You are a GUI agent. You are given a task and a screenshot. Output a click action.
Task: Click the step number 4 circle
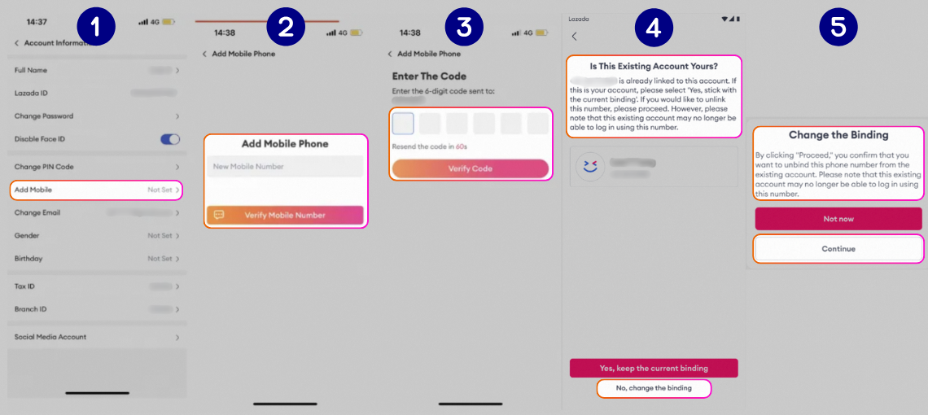[x=654, y=27]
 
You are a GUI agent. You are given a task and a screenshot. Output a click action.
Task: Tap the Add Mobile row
[x=96, y=190]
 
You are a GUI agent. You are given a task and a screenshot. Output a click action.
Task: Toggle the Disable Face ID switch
[x=170, y=139]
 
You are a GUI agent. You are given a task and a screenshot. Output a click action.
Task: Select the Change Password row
[x=96, y=116]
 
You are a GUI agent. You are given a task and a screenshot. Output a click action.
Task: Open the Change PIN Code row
[x=96, y=167]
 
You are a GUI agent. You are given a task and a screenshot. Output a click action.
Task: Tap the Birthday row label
[x=28, y=259]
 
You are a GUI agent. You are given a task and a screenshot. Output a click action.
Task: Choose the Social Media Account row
[x=96, y=337]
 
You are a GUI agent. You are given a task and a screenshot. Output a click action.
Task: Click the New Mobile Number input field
[x=284, y=167]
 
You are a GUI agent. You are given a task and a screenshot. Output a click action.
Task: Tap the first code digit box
[x=403, y=124]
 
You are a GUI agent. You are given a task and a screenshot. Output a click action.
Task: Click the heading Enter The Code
[x=429, y=76]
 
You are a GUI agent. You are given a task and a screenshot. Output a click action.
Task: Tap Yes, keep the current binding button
[x=653, y=368]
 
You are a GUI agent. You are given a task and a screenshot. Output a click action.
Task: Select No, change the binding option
[x=654, y=388]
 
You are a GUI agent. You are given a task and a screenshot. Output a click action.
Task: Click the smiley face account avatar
[x=590, y=166]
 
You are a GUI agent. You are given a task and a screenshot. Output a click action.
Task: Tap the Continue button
[x=838, y=249]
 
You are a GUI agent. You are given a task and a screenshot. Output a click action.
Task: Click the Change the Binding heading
[x=838, y=135]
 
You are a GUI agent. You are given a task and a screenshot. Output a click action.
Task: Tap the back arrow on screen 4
[x=574, y=37]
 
